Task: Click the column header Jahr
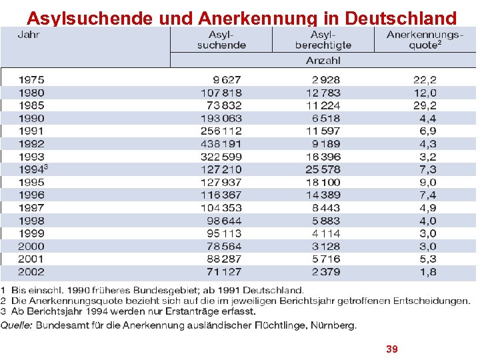tap(29, 35)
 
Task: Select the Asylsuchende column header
tap(221, 39)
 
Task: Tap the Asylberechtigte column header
tap(323, 39)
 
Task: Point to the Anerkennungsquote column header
tap(424, 39)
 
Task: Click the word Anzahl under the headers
tap(323, 60)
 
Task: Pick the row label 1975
tap(31, 80)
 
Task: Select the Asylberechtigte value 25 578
tap(323, 169)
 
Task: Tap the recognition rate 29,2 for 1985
tap(425, 105)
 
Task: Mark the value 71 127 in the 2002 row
tap(225, 272)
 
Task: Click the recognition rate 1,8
tap(428, 272)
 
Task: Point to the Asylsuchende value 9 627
tap(227, 80)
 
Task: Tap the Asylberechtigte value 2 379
tap(326, 272)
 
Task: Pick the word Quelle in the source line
tap(17, 326)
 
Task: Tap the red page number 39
tap(392, 349)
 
